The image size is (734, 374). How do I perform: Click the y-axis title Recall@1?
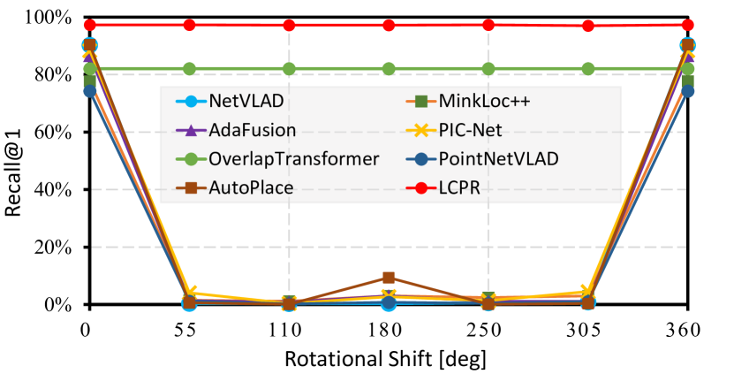(16, 162)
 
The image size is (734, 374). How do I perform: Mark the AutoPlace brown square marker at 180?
(388, 278)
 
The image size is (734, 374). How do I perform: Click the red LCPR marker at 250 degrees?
(488, 25)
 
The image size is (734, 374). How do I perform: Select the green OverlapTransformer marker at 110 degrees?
(288, 69)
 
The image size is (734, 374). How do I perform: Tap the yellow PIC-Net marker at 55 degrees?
(188, 293)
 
